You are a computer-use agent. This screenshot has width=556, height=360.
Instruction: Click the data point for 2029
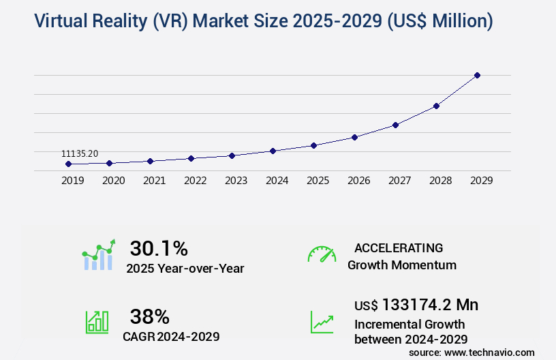coord(477,75)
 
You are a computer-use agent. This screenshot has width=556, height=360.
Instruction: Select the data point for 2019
coord(68,164)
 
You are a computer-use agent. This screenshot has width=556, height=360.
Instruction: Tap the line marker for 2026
coord(354,137)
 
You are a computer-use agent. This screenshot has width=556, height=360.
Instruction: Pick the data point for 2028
coord(436,106)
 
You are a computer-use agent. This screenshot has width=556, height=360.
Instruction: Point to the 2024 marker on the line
coord(273,151)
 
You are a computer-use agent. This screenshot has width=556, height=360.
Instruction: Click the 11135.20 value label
coord(80,155)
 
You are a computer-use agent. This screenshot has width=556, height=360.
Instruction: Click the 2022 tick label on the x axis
coord(195,181)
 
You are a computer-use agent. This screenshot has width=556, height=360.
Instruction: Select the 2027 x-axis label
coord(399,181)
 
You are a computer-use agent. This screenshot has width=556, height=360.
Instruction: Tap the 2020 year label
coord(113,181)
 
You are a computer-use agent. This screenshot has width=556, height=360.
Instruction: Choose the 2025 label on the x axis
coord(318,181)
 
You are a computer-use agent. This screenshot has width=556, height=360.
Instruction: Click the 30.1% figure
coord(159,248)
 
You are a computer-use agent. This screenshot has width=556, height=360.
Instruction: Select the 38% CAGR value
coord(150,316)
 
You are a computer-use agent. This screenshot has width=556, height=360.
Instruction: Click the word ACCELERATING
coord(399,247)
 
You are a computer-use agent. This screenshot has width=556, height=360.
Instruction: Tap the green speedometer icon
coord(322,254)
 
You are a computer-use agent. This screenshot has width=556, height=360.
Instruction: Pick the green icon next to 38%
coord(97,322)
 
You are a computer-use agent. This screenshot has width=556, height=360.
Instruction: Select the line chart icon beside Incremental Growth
coord(322,322)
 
